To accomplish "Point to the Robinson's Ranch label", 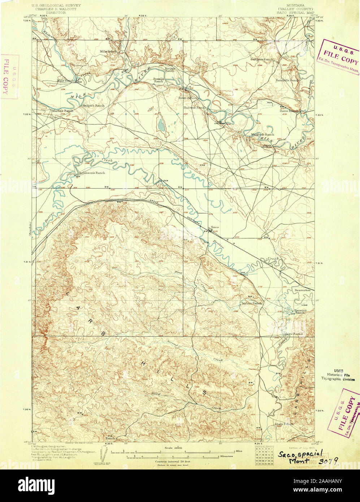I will [92, 173].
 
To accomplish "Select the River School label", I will [188, 98].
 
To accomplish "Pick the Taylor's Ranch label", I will [251, 303].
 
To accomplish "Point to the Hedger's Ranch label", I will [93, 105].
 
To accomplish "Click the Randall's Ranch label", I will [287, 80].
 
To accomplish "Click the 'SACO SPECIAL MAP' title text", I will [296, 12].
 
